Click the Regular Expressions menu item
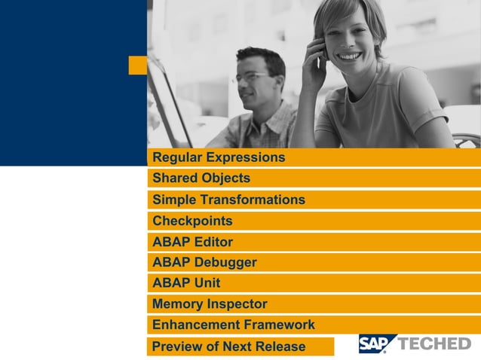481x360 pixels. pyautogui.click(x=219, y=157)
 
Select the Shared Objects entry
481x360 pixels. pyautogui.click(x=201, y=178)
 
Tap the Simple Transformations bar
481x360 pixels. pyautogui.click(x=228, y=200)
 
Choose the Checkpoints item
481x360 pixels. pyautogui.click(x=192, y=221)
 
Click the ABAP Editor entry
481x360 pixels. pyautogui.click(x=192, y=242)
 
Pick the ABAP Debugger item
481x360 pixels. pyautogui.click(x=204, y=262)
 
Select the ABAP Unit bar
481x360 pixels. pyautogui.click(x=186, y=283)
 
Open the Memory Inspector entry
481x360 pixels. pyautogui.click(x=210, y=304)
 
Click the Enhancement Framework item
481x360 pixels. pyautogui.click(x=234, y=325)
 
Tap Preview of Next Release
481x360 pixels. pyautogui.click(x=228, y=346)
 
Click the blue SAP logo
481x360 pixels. pyautogui.click(x=375, y=343)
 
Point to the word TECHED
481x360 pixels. pyautogui.click(x=434, y=343)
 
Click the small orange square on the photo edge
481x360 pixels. pyautogui.click(x=138, y=66)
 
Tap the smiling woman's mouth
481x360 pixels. pyautogui.click(x=349, y=56)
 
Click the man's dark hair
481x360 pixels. pyautogui.click(x=261, y=57)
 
